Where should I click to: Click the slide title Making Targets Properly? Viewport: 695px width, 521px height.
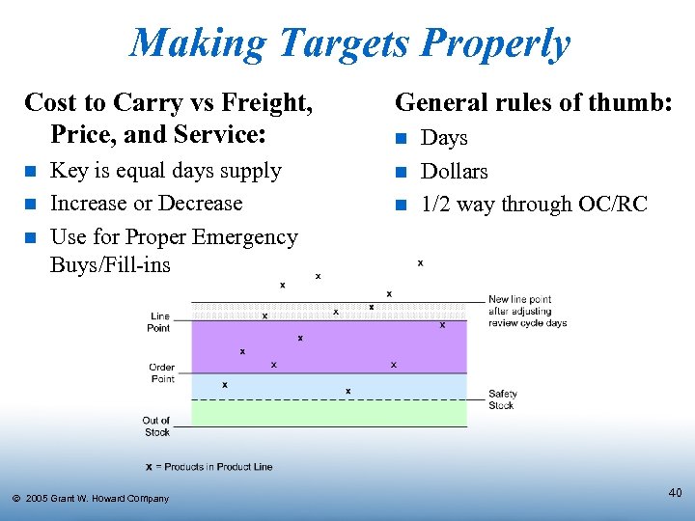[x=349, y=43]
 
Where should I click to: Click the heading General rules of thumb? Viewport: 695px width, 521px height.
[x=534, y=101]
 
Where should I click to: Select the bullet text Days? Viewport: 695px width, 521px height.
[x=444, y=138]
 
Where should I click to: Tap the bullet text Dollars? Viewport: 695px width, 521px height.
[x=455, y=172]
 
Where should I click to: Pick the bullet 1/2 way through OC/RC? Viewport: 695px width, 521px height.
[x=534, y=205]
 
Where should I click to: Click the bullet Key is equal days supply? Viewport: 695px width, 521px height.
[x=165, y=171]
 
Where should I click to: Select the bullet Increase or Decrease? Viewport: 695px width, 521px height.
[x=146, y=204]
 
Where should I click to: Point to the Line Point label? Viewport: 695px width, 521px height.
[x=160, y=322]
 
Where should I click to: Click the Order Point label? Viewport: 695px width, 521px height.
[x=161, y=373]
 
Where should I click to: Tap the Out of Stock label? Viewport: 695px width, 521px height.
[x=156, y=426]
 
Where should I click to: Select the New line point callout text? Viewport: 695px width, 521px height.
[x=527, y=312]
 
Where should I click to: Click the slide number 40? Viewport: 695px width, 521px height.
[x=675, y=493]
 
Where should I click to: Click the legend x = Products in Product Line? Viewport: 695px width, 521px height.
[x=208, y=467]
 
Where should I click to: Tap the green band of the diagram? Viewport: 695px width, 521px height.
[x=328, y=413]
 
